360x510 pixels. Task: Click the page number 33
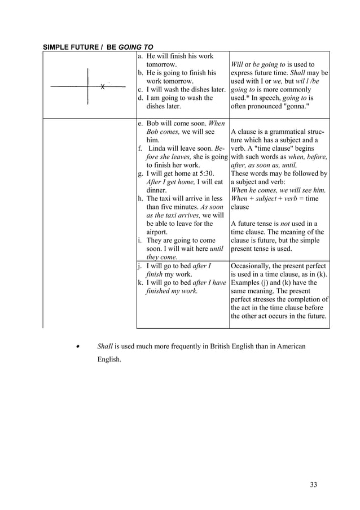314,484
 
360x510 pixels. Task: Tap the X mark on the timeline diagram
103,87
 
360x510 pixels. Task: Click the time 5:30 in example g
204,173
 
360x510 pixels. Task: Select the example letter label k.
140,282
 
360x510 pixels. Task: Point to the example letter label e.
140,124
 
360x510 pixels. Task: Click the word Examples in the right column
247,282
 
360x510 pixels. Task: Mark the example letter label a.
140,56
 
